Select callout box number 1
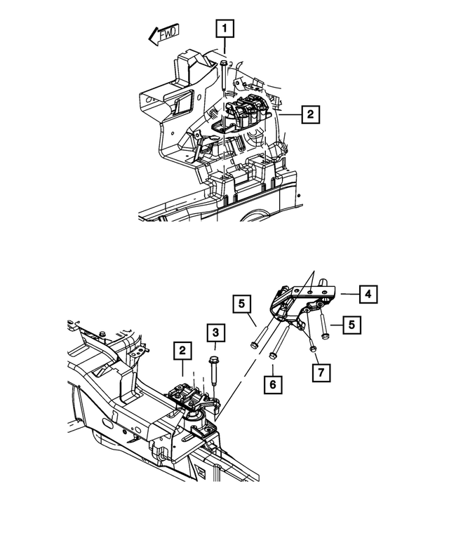224,29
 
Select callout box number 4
367,294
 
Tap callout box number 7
319,372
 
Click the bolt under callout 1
222,76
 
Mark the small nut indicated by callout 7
313,347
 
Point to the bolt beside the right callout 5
322,325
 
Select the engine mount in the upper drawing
249,114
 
